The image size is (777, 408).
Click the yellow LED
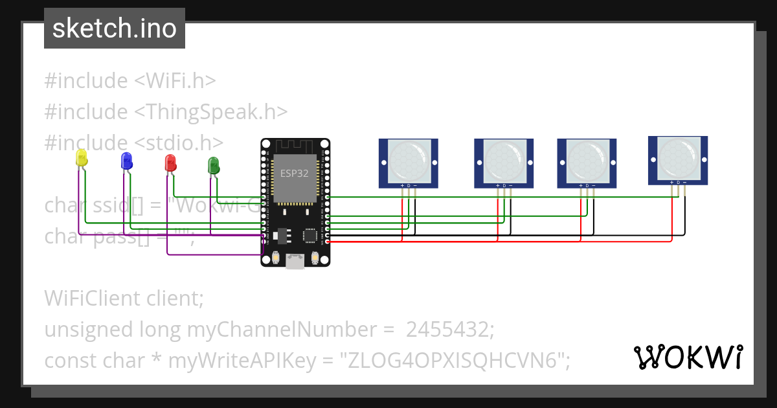[x=82, y=157]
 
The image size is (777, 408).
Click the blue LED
[x=126, y=161]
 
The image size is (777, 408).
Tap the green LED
[x=213, y=164]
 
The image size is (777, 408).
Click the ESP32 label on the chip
[x=294, y=173]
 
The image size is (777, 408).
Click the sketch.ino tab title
[x=115, y=28]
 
